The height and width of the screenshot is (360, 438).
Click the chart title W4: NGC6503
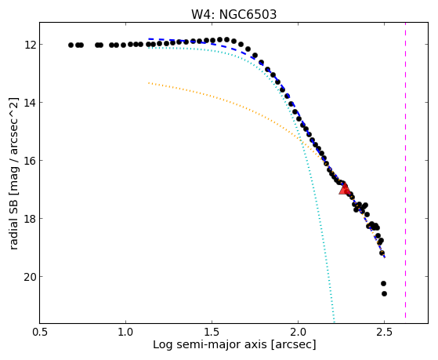coord(233,14)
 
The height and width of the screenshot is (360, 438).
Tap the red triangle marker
coord(345,188)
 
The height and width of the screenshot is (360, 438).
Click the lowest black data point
coord(384,293)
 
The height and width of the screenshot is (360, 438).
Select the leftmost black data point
coord(71,45)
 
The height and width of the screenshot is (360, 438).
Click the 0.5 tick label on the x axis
coord(40,332)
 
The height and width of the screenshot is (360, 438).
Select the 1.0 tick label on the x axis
coord(125,332)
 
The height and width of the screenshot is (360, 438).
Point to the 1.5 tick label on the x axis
coord(212,332)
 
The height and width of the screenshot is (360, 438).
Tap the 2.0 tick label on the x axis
coord(298,332)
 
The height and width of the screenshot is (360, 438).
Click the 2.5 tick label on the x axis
coord(385,332)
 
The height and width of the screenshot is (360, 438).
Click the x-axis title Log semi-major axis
coord(210,344)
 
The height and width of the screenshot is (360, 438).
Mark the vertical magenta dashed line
coord(405,170)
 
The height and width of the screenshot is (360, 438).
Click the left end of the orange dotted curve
coord(149,83)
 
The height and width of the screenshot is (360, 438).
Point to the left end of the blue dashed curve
coord(149,39)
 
